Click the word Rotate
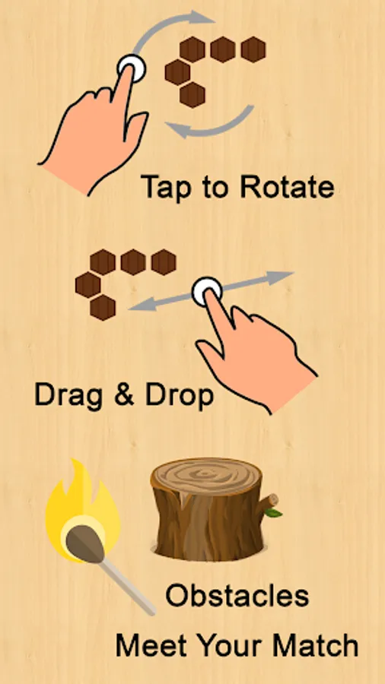click(x=287, y=186)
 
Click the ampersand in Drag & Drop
click(x=123, y=394)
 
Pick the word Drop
click(x=180, y=396)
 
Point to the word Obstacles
click(x=237, y=595)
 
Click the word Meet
click(x=152, y=645)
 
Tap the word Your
click(x=231, y=645)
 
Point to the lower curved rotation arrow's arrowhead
click(x=179, y=128)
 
